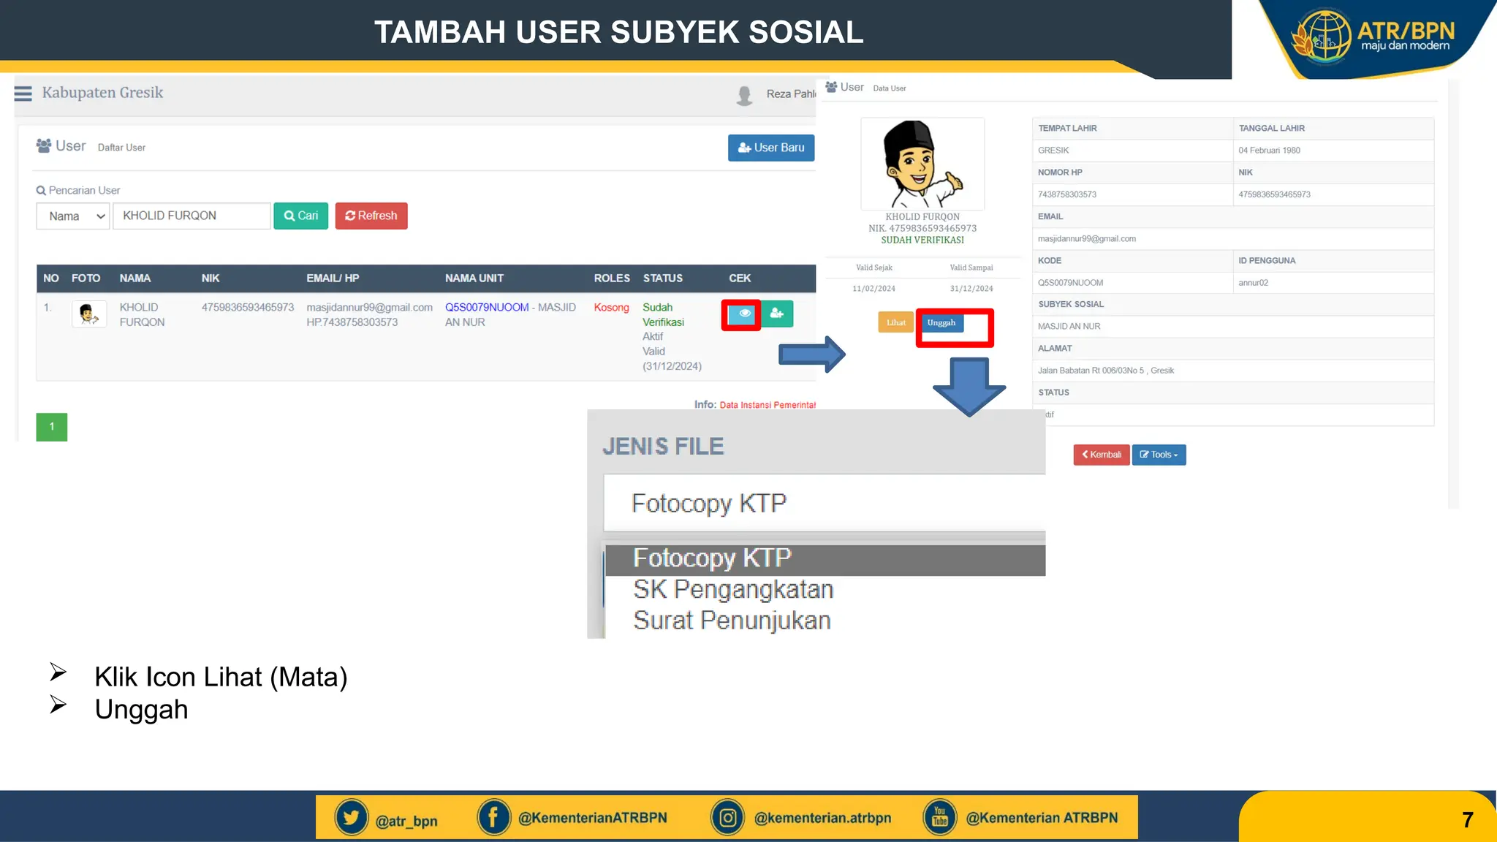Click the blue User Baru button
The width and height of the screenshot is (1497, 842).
click(771, 148)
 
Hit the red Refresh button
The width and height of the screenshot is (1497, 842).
click(371, 216)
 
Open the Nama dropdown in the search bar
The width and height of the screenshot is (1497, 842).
click(73, 216)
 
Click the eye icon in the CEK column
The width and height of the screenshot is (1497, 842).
click(743, 314)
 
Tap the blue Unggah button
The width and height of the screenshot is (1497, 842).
click(941, 323)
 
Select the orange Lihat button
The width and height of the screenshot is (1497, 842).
click(895, 323)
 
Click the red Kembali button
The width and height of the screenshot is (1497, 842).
click(1102, 455)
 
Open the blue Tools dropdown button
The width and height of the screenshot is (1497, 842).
click(1159, 455)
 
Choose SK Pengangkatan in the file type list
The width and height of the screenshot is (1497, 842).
click(733, 589)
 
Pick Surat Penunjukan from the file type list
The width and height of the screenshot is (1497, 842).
click(732, 621)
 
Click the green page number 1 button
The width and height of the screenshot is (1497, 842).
click(52, 427)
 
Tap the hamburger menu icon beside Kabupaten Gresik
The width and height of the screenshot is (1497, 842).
click(23, 94)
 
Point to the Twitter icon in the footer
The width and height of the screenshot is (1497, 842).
click(352, 818)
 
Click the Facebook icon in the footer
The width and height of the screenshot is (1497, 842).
click(493, 818)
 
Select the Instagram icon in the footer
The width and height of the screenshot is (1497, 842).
click(728, 818)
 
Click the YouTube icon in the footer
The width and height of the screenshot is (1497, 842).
click(940, 818)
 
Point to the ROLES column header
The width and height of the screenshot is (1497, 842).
click(612, 278)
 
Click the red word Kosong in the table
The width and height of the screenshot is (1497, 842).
click(611, 308)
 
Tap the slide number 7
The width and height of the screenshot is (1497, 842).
click(1467, 820)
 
